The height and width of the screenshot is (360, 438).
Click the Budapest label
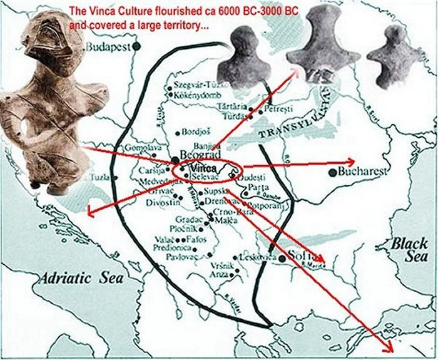coord(107,47)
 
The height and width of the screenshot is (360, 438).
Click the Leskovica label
coord(255,257)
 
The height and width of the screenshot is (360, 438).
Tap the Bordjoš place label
coord(196,132)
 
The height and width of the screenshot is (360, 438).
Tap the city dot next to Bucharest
coord(332,172)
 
